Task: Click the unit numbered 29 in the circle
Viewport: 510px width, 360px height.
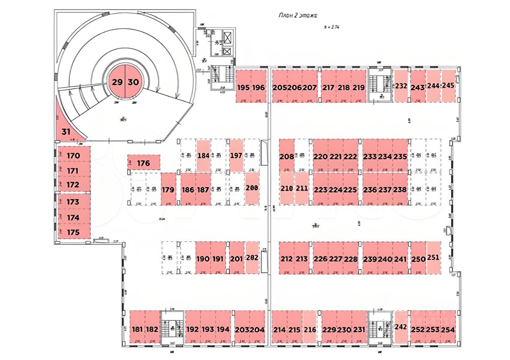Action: point(117,82)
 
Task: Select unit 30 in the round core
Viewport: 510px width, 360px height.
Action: point(133,82)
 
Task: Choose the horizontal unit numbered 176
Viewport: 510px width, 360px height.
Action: point(143,163)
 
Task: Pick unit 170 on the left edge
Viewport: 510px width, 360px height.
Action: point(74,156)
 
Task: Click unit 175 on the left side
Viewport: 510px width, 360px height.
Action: point(74,232)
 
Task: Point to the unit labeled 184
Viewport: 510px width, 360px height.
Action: point(203,155)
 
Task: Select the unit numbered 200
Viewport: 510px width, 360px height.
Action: point(252,188)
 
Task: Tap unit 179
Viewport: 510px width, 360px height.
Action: point(168,189)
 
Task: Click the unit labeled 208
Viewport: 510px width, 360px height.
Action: point(286,156)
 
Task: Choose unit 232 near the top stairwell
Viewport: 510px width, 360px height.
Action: point(401,86)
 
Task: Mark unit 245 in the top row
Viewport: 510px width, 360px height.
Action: point(448,86)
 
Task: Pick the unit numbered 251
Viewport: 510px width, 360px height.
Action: point(433,258)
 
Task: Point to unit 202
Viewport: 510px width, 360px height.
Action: point(252,258)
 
